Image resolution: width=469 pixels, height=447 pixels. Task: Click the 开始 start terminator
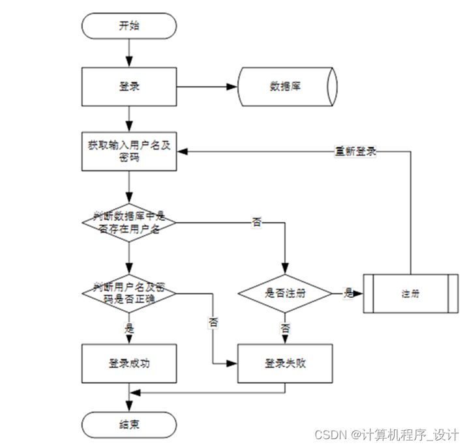(x=129, y=26)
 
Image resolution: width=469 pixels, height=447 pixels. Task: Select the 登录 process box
(x=129, y=86)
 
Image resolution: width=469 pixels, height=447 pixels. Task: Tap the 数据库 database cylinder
(x=287, y=86)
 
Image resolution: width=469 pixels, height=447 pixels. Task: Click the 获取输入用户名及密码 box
(x=129, y=152)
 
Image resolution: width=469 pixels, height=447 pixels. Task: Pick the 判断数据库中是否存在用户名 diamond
(x=129, y=222)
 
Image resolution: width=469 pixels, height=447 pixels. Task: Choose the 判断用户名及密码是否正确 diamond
(x=129, y=293)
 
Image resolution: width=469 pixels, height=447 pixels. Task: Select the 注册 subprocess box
(x=410, y=293)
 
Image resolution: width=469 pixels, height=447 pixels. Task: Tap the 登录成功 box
(x=129, y=363)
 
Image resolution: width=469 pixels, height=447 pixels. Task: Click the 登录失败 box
(x=285, y=363)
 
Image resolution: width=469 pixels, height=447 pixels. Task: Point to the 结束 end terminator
(x=129, y=424)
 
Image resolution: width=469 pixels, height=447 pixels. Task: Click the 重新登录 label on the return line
(x=356, y=151)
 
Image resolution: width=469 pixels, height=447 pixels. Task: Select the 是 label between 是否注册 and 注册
(x=348, y=293)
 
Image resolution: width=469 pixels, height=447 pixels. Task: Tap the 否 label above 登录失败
(x=285, y=328)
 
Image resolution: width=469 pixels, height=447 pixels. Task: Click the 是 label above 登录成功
(x=129, y=328)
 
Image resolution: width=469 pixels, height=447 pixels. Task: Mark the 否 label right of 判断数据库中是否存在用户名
(x=257, y=222)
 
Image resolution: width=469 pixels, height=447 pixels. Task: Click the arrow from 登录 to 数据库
(x=205, y=86)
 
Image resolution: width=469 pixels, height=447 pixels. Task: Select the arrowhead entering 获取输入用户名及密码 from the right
(x=183, y=151)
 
